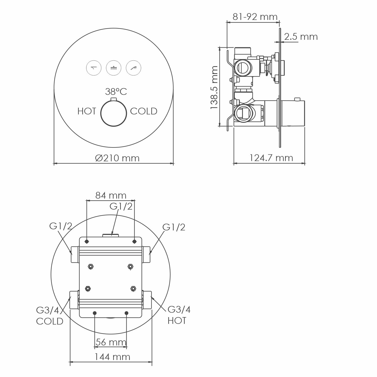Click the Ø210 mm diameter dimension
click(x=117, y=158)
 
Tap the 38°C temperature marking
click(x=116, y=92)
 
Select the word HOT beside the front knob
click(x=87, y=111)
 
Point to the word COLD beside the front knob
click(x=144, y=111)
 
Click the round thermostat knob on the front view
click(x=114, y=113)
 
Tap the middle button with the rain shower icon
click(x=114, y=68)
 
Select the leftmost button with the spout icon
click(x=94, y=68)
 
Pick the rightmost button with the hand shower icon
click(x=134, y=68)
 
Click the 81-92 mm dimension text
click(x=255, y=17)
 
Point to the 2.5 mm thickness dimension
click(x=301, y=37)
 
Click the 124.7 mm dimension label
click(x=271, y=158)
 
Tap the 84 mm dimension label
click(x=111, y=195)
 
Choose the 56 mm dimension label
click(x=111, y=342)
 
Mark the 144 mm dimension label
click(x=112, y=357)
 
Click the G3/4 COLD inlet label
click(x=50, y=316)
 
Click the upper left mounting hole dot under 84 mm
click(x=87, y=242)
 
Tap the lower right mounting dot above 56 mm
click(x=127, y=313)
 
